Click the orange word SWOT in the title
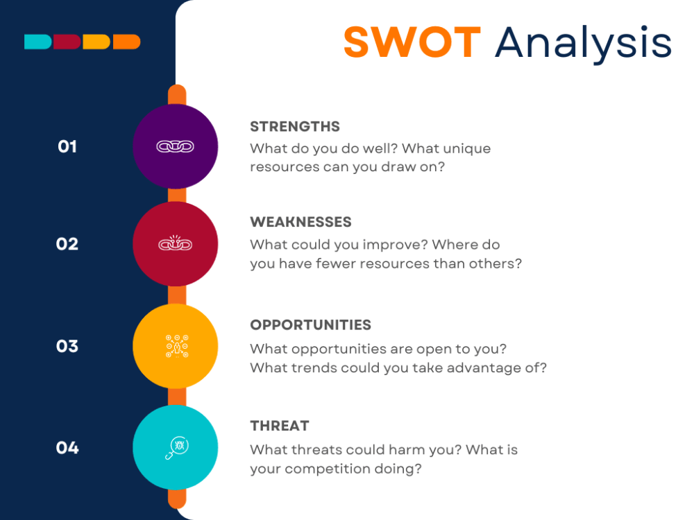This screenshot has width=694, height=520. pyautogui.click(x=412, y=42)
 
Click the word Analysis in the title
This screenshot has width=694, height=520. pyautogui.click(x=583, y=43)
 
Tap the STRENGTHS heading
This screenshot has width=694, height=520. pyautogui.click(x=295, y=126)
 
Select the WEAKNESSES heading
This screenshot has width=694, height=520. pyautogui.click(x=301, y=222)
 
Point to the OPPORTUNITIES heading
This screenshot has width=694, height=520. pyautogui.click(x=310, y=324)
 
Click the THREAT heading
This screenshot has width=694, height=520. pyautogui.click(x=280, y=426)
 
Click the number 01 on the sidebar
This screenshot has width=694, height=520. pyautogui.click(x=67, y=146)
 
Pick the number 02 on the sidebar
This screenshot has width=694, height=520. pyautogui.click(x=67, y=244)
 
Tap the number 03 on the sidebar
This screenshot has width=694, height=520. pyautogui.click(x=67, y=346)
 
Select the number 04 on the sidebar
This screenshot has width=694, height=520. pyautogui.click(x=67, y=448)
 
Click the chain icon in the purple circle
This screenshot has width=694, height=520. pyautogui.click(x=175, y=146)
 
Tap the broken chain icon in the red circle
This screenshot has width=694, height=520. pyautogui.click(x=175, y=244)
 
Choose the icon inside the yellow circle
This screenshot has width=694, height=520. pyautogui.click(x=175, y=345)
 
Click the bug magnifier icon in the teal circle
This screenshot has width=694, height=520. pyautogui.click(x=175, y=448)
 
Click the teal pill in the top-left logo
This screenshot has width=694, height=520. pyautogui.click(x=37, y=42)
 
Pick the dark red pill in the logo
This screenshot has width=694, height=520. pyautogui.click(x=67, y=42)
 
